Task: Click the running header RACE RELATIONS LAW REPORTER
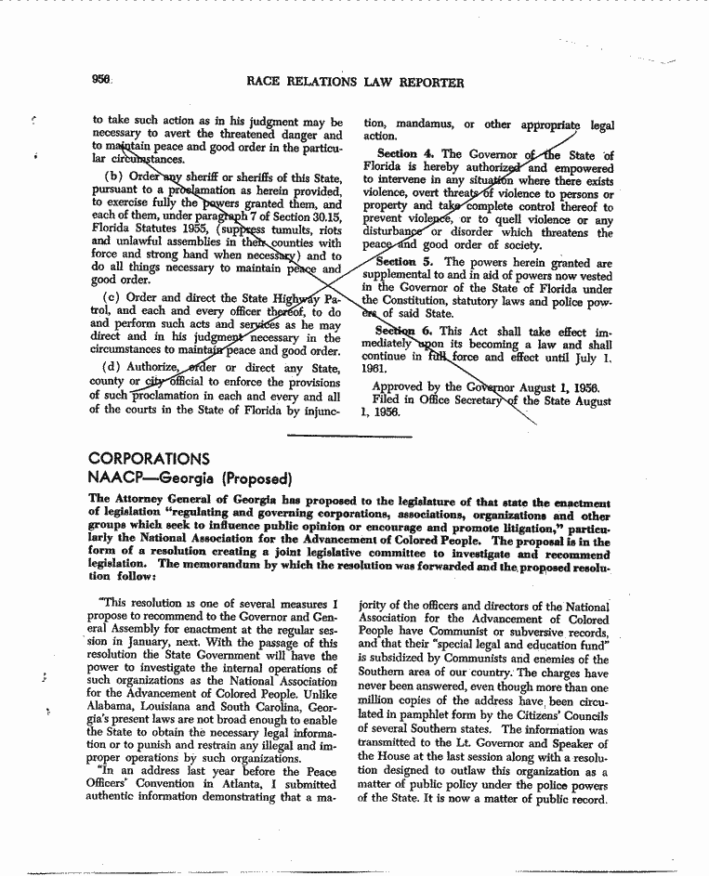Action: [355, 82]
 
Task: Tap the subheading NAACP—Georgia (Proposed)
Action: [190, 479]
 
